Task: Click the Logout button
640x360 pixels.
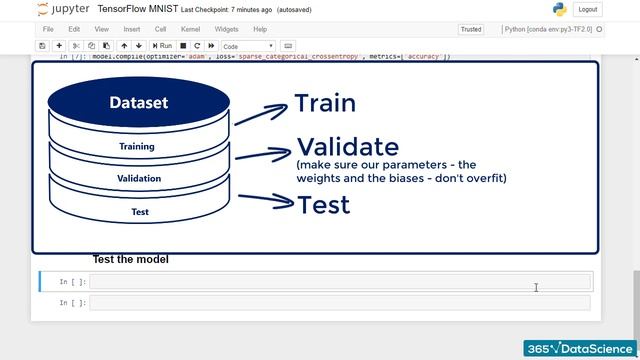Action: pos(588,9)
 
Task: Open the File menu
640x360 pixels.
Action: pos(48,30)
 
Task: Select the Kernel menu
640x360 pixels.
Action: pos(191,30)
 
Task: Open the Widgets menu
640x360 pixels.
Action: pos(226,30)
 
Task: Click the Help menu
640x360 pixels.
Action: pos(260,30)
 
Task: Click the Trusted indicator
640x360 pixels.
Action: pos(470,30)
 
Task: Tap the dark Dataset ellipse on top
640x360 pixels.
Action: pos(138,102)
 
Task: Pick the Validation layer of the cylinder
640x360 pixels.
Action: pos(138,179)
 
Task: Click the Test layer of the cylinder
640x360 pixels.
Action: pos(140,212)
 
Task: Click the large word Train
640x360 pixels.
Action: pos(325,103)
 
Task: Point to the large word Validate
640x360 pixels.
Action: pos(347,148)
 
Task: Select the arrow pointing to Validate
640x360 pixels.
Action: pos(262,155)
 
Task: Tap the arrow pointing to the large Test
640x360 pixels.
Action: pos(266,203)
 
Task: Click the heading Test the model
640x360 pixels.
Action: pos(130,259)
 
